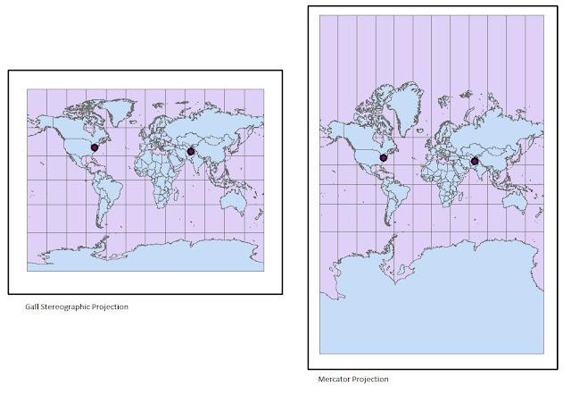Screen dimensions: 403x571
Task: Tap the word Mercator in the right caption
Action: [335, 380]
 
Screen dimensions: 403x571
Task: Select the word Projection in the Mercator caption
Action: [371, 380]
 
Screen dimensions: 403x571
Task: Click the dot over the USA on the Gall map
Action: [94, 147]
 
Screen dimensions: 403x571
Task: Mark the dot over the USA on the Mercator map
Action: [384, 157]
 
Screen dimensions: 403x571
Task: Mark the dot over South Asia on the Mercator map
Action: [475, 162]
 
